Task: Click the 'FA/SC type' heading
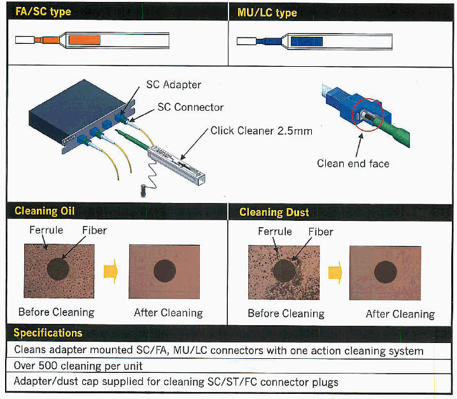[43, 12]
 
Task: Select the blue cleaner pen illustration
[313, 42]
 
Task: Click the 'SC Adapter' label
[173, 85]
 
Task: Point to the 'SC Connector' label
[190, 107]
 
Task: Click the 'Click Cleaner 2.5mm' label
[261, 131]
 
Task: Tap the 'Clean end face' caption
[353, 164]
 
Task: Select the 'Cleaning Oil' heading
[45, 211]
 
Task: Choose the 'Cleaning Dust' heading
[274, 213]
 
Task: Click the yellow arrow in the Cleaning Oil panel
[111, 272]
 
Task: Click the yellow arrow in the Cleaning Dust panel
[335, 272]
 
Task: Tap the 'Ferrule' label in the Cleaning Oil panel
[46, 230]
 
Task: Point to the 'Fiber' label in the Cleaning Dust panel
[321, 232]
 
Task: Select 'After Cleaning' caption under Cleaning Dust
[400, 314]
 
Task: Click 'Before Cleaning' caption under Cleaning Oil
[56, 312]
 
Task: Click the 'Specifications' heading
[48, 333]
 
